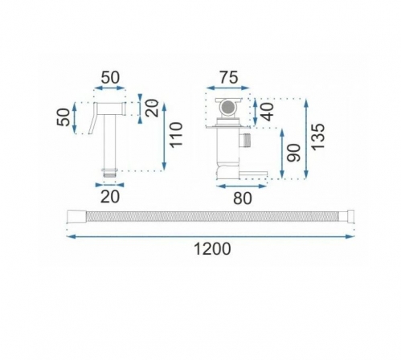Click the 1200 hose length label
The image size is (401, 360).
(x=212, y=248)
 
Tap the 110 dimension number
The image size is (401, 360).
(x=176, y=134)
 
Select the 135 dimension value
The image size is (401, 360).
(x=318, y=137)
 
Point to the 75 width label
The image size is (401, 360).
(x=229, y=78)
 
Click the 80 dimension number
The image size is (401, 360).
(x=243, y=198)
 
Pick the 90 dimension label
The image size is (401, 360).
(x=293, y=153)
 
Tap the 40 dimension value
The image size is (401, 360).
(x=267, y=112)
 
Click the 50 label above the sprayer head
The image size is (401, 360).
(x=110, y=78)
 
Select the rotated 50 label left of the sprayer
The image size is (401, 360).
(x=63, y=117)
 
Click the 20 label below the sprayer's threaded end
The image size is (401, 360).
(x=110, y=197)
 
